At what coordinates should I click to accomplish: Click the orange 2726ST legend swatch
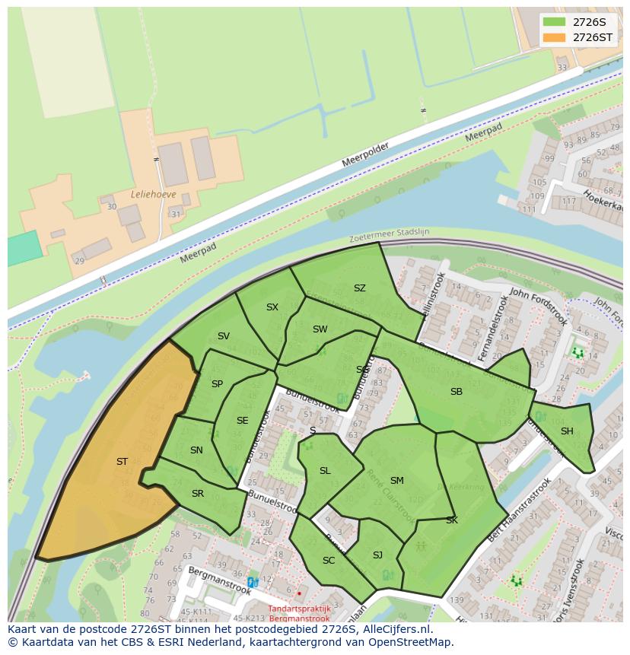coord(555,37)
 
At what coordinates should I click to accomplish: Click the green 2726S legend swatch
coord(555,22)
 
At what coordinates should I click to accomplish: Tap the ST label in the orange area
coord(122,462)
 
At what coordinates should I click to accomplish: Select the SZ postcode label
coord(360,288)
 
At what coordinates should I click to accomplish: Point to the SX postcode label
coord(272,307)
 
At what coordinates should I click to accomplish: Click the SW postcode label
coord(320,329)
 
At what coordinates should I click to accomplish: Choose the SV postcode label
coord(223,336)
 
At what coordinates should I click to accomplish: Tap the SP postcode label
coord(217,384)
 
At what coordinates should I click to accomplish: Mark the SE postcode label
coord(242,421)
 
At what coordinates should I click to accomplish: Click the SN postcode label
coord(196,450)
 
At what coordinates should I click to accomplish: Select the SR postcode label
coord(198,494)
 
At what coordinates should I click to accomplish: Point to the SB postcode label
coord(457,392)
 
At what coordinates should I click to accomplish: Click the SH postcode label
coord(567,431)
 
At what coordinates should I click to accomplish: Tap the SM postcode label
coord(396,481)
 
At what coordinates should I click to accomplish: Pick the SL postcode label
coord(325,471)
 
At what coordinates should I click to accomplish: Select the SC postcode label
coord(329,561)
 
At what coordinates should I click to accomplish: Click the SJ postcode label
coord(377,555)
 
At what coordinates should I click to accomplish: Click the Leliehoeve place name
coord(154,194)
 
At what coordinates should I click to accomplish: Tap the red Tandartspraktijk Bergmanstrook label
coord(299,613)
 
